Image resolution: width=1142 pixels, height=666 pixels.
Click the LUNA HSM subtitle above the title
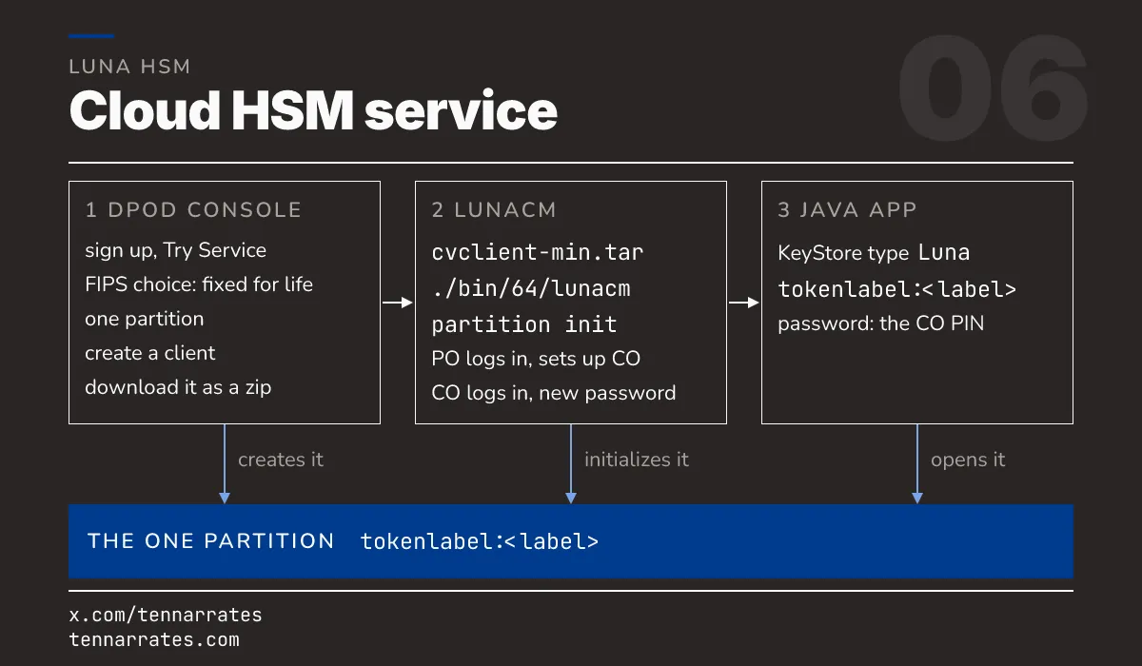tap(129, 67)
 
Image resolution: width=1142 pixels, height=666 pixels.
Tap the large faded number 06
tap(993, 88)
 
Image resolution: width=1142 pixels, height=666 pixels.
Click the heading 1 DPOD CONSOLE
tap(193, 210)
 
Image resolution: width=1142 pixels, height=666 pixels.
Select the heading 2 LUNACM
tap(494, 210)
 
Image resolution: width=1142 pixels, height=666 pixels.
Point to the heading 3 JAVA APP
tap(847, 210)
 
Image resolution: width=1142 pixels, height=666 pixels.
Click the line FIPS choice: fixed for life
tap(199, 284)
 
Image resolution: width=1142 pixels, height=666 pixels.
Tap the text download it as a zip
tap(178, 388)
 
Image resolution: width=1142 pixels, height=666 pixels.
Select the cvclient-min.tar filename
tap(538, 252)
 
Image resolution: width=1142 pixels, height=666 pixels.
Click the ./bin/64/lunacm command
tap(531, 288)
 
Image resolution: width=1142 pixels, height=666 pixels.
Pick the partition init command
tap(524, 324)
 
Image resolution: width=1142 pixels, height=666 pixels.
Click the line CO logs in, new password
tap(554, 393)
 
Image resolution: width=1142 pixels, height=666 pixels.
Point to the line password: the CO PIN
tap(881, 323)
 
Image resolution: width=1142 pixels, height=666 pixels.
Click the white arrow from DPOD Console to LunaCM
tap(398, 303)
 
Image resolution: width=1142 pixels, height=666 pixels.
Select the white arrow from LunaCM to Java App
tap(744, 303)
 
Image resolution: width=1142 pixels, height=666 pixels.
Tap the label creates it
tap(281, 460)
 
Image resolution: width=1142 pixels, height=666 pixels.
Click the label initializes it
tap(637, 460)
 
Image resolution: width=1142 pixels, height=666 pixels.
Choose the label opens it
tap(968, 460)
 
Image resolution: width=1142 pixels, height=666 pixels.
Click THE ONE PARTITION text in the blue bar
tap(210, 541)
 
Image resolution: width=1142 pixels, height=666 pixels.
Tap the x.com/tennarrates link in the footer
tap(166, 615)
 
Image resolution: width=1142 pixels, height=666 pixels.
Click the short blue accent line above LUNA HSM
tap(91, 36)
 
